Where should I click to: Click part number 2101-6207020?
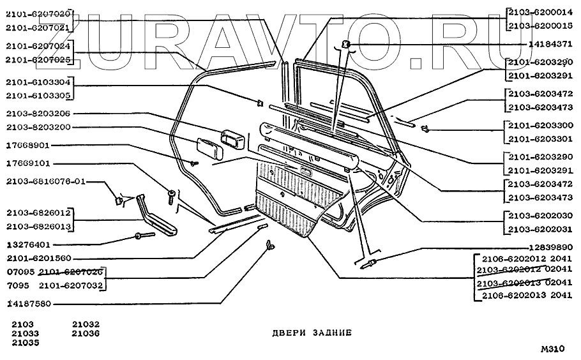[x=39, y=13]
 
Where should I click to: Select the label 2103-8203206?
[x=39, y=114]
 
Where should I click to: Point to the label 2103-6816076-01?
[x=45, y=181]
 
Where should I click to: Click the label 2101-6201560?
[x=39, y=259]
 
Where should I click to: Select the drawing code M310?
[x=552, y=349]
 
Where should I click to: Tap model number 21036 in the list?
[x=85, y=333]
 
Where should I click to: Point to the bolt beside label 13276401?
[x=141, y=237]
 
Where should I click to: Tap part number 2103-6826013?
[x=39, y=227]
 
